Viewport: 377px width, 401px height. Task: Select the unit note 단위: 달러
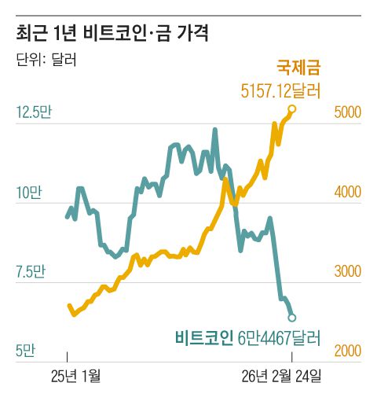point(46,60)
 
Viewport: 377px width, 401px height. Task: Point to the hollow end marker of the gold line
point(292,109)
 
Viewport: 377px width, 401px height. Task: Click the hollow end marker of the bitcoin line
point(292,318)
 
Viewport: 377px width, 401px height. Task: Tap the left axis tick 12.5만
point(33,112)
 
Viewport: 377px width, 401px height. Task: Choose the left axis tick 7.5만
point(31,272)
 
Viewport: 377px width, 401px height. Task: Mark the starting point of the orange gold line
point(68,306)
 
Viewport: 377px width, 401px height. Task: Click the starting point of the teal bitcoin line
point(67,216)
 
